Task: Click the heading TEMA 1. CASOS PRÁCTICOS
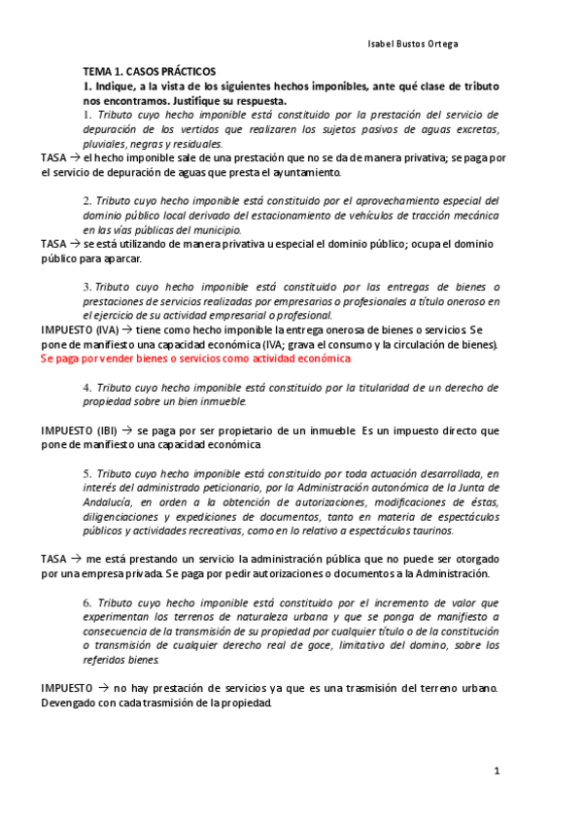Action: pyautogui.click(x=149, y=72)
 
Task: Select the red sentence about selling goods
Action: pyautogui.click(x=195, y=359)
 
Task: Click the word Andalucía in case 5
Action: pyautogui.click(x=107, y=502)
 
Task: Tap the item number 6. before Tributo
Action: pyautogui.click(x=86, y=601)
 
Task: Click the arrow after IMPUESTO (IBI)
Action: pyautogui.click(x=128, y=429)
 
